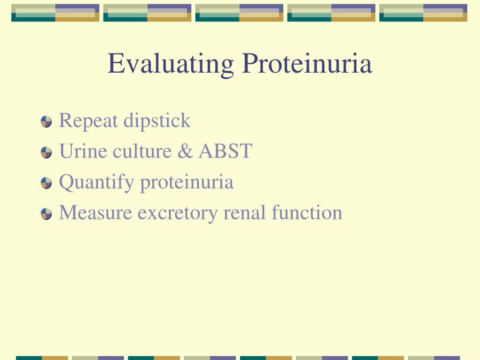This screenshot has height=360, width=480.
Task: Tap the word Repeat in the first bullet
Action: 89,121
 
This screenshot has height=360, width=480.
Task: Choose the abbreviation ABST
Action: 225,151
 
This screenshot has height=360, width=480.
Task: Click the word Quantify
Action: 96,182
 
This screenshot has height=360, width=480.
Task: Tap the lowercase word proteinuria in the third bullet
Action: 187,182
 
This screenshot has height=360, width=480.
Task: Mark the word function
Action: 307,212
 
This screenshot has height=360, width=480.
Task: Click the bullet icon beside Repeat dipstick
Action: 46,122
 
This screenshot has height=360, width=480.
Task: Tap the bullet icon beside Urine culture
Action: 46,153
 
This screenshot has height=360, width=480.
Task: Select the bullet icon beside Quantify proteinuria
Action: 46,183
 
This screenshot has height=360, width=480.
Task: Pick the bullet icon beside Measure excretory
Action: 46,214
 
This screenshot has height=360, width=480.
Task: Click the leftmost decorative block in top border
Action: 55,13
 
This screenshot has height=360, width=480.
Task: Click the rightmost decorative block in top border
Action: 423,13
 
